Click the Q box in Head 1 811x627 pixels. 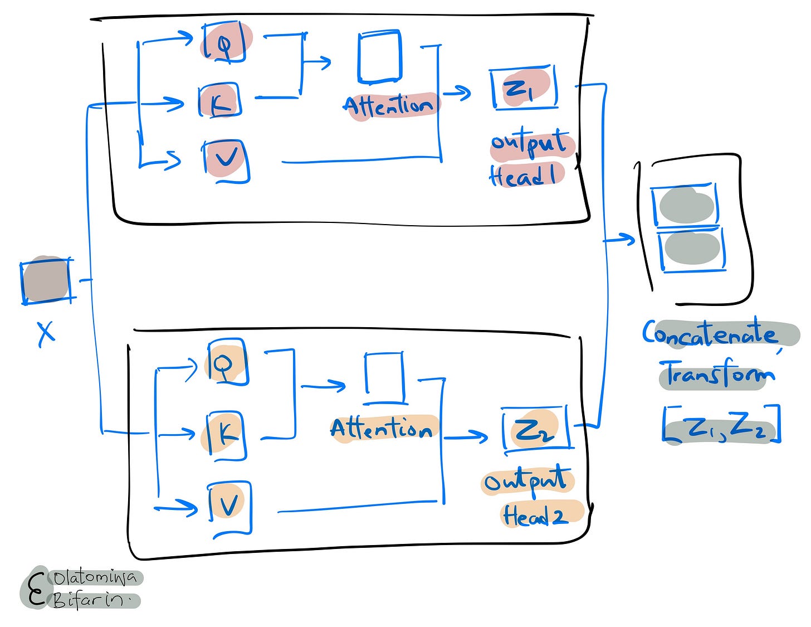[x=225, y=42]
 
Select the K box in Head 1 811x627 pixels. [x=220, y=100]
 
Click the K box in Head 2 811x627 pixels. [x=226, y=435]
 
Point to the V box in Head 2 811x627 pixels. [x=229, y=506]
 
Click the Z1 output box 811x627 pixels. [x=524, y=88]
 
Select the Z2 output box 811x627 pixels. [x=535, y=428]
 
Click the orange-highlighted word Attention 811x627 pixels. [x=382, y=429]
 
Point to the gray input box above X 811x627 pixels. [x=46, y=280]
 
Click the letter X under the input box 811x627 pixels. [x=46, y=333]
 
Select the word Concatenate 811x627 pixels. [x=711, y=333]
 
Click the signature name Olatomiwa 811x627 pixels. [x=95, y=579]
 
